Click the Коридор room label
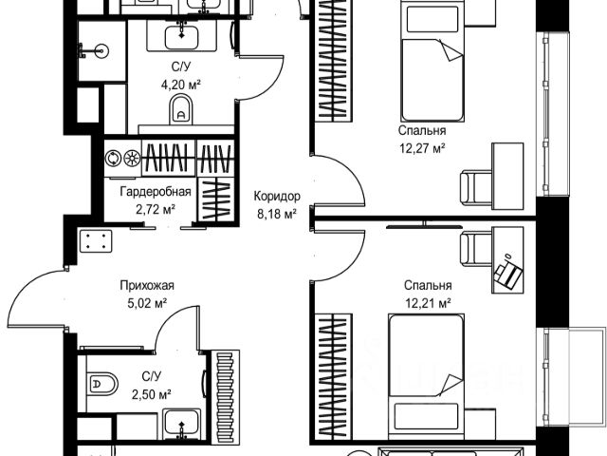277,197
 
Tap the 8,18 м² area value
276,214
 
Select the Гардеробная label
156,192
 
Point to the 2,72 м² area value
156,208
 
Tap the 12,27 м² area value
423,148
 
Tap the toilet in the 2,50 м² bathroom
101,385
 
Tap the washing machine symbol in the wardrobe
113,158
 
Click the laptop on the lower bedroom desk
508,274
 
